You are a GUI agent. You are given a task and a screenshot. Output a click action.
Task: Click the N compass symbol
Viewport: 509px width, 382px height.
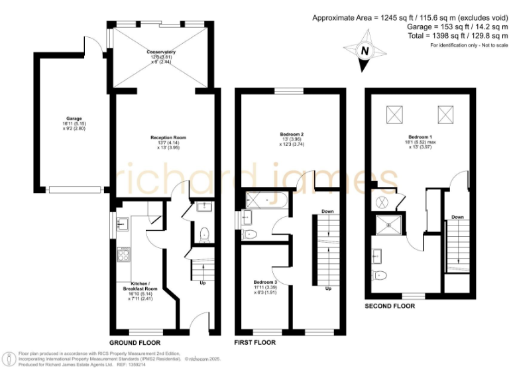click(364, 51)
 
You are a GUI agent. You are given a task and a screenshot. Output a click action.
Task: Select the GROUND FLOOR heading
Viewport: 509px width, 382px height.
click(135, 342)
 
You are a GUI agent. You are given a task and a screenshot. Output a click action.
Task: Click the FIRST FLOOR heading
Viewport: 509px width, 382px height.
click(255, 342)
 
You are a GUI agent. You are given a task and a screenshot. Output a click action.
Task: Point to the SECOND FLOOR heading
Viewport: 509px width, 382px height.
click(390, 306)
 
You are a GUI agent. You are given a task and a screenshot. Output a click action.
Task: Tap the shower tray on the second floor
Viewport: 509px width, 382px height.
click(385, 225)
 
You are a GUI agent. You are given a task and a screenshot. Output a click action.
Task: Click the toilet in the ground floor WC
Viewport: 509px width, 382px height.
click(204, 233)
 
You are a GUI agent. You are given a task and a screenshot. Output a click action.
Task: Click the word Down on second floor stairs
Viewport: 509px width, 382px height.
click(457, 217)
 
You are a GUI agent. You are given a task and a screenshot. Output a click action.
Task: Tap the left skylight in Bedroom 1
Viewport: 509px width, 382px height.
click(393, 114)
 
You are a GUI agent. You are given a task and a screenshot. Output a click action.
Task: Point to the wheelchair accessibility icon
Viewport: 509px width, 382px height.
click(9, 359)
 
